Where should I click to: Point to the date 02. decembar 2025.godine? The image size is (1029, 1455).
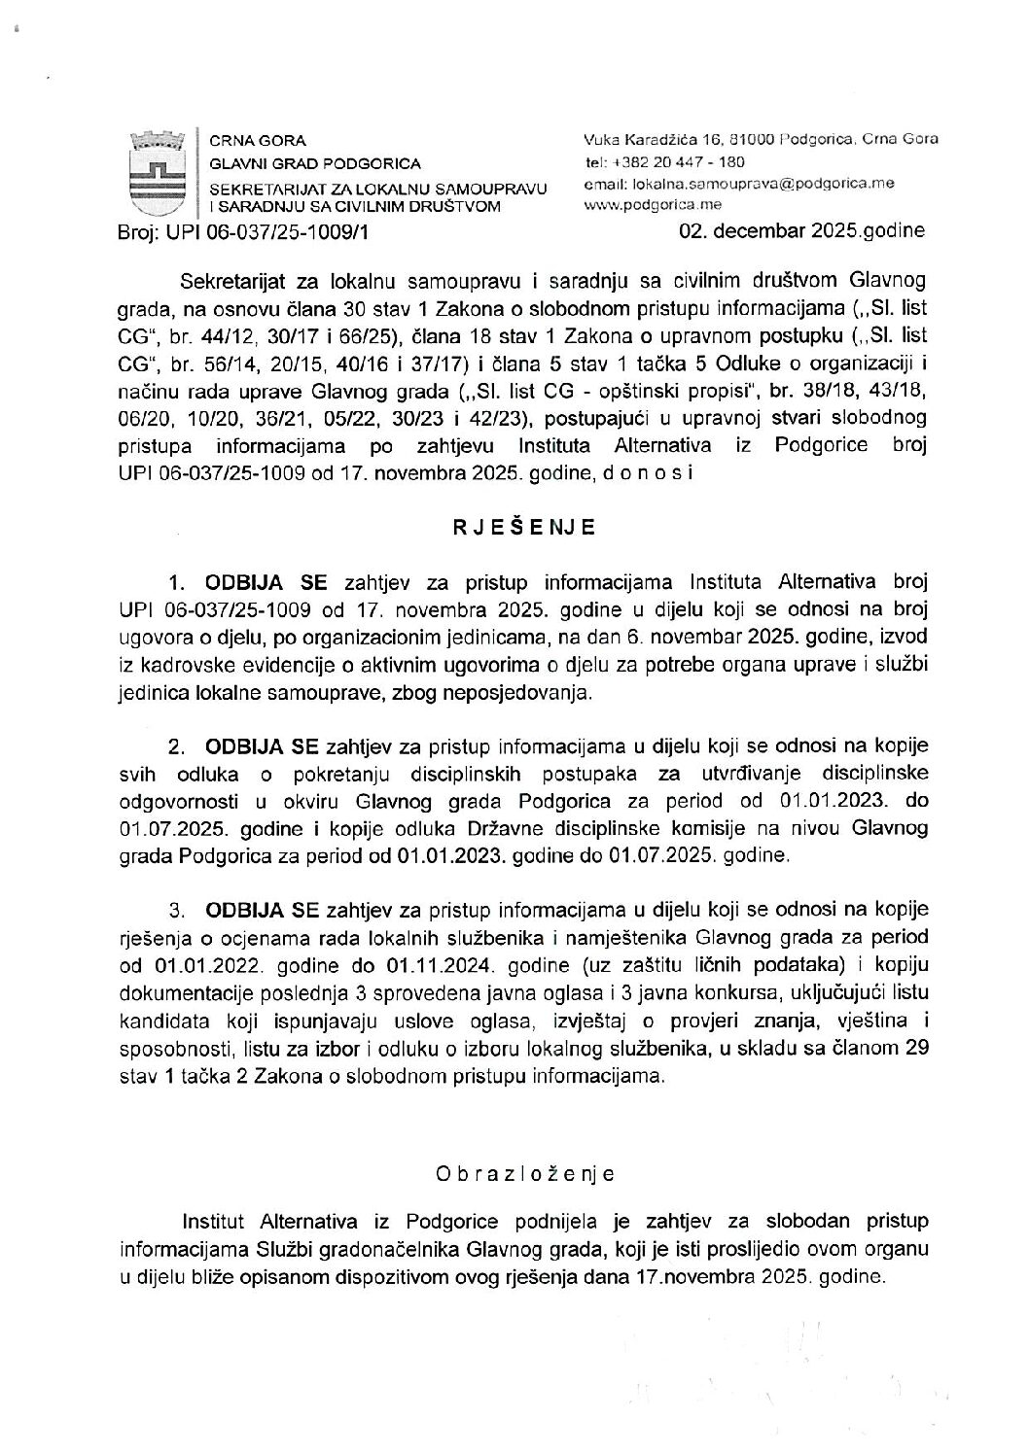coord(803,231)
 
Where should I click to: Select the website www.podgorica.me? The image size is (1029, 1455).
coord(646,205)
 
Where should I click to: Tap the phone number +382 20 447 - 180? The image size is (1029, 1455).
coord(678,161)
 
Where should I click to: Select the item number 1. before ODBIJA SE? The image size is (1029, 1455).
coord(177,583)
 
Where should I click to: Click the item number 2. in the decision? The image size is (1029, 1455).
coord(177,746)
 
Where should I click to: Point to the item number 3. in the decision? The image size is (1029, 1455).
coord(177,911)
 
